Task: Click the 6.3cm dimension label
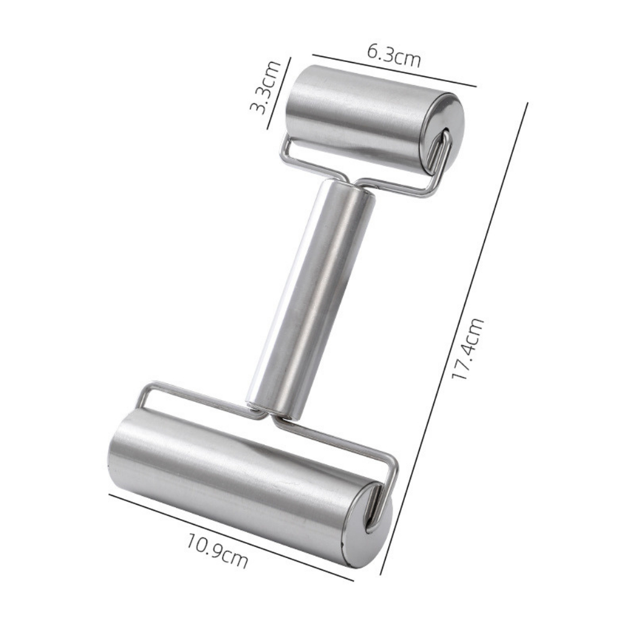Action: point(394,56)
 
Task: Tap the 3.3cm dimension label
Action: point(264,87)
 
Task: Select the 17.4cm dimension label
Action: point(468,349)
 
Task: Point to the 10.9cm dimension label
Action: point(216,551)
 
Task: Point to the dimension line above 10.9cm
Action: point(231,537)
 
